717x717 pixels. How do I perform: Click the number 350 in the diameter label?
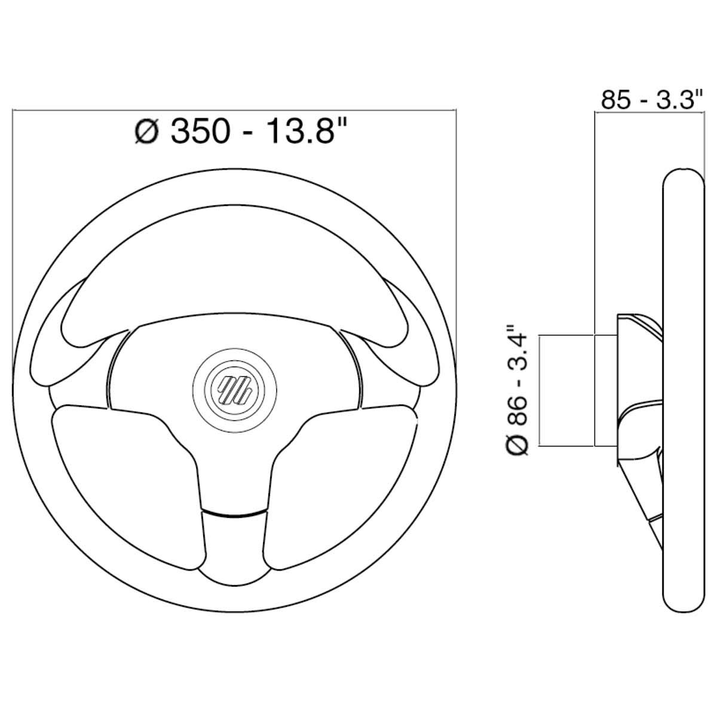tap(199, 130)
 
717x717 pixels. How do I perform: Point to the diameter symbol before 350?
tap(146, 131)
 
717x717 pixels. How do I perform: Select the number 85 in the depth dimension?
tap(616, 100)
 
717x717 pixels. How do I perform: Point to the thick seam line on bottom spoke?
tap(234, 512)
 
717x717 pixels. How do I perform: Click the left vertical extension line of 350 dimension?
tap(13, 239)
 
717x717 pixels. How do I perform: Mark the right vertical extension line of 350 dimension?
tap(455, 239)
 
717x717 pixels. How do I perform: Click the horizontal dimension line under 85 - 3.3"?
tap(648, 112)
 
